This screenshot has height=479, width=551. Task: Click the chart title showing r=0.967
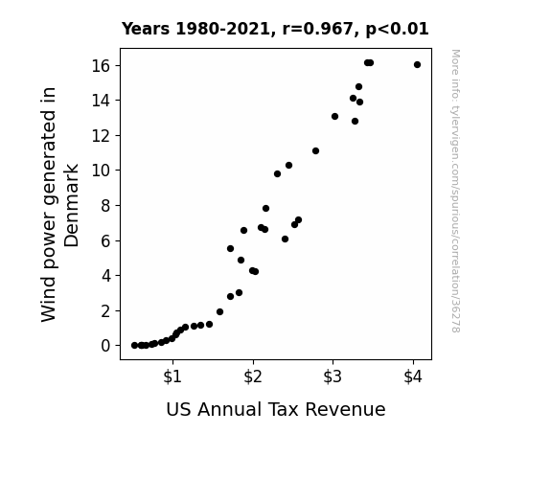pyautogui.click(x=275, y=29)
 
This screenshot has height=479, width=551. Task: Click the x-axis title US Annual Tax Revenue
pyautogui.click(x=276, y=409)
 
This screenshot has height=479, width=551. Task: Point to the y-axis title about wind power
pyautogui.click(x=59, y=204)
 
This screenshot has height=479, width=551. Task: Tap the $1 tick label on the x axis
pyautogui.click(x=172, y=376)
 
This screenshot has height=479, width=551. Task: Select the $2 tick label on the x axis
pyautogui.click(x=253, y=376)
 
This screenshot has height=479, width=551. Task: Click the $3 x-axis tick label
pyautogui.click(x=333, y=376)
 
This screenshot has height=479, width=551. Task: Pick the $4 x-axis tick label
pyautogui.click(x=413, y=376)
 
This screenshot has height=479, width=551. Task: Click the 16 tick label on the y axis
pyautogui.click(x=101, y=66)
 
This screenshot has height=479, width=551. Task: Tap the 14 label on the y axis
pyautogui.click(x=101, y=101)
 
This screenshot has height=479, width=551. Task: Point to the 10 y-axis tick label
pyautogui.click(x=101, y=171)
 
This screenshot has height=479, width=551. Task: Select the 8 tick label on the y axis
pyautogui.click(x=105, y=206)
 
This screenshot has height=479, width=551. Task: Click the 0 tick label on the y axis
pyautogui.click(x=105, y=346)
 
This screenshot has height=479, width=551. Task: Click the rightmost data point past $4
pyautogui.click(x=417, y=64)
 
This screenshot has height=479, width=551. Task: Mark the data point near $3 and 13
pyautogui.click(x=334, y=116)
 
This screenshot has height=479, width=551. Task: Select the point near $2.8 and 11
pyautogui.click(x=315, y=150)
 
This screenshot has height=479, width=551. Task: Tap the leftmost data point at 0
pyautogui.click(x=134, y=346)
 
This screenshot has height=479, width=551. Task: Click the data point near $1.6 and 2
pyautogui.click(x=220, y=311)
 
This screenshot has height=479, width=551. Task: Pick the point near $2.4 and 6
pyautogui.click(x=285, y=239)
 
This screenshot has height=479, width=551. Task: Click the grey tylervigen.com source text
pyautogui.click(x=455, y=191)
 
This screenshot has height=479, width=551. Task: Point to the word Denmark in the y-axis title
pyautogui.click(x=71, y=205)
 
